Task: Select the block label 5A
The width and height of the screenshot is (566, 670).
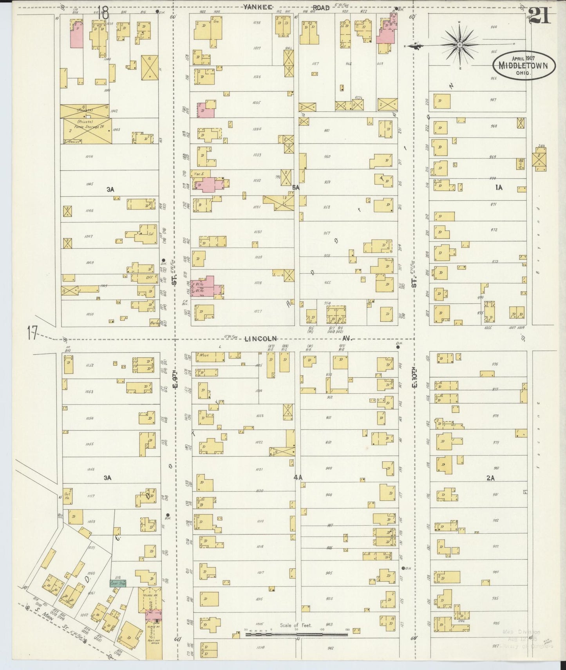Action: click(295, 188)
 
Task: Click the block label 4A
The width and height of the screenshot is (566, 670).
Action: click(298, 477)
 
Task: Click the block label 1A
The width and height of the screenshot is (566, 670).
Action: click(499, 188)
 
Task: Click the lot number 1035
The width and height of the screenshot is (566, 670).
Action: click(257, 103)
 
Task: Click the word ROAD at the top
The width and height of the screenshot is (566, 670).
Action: click(320, 7)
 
